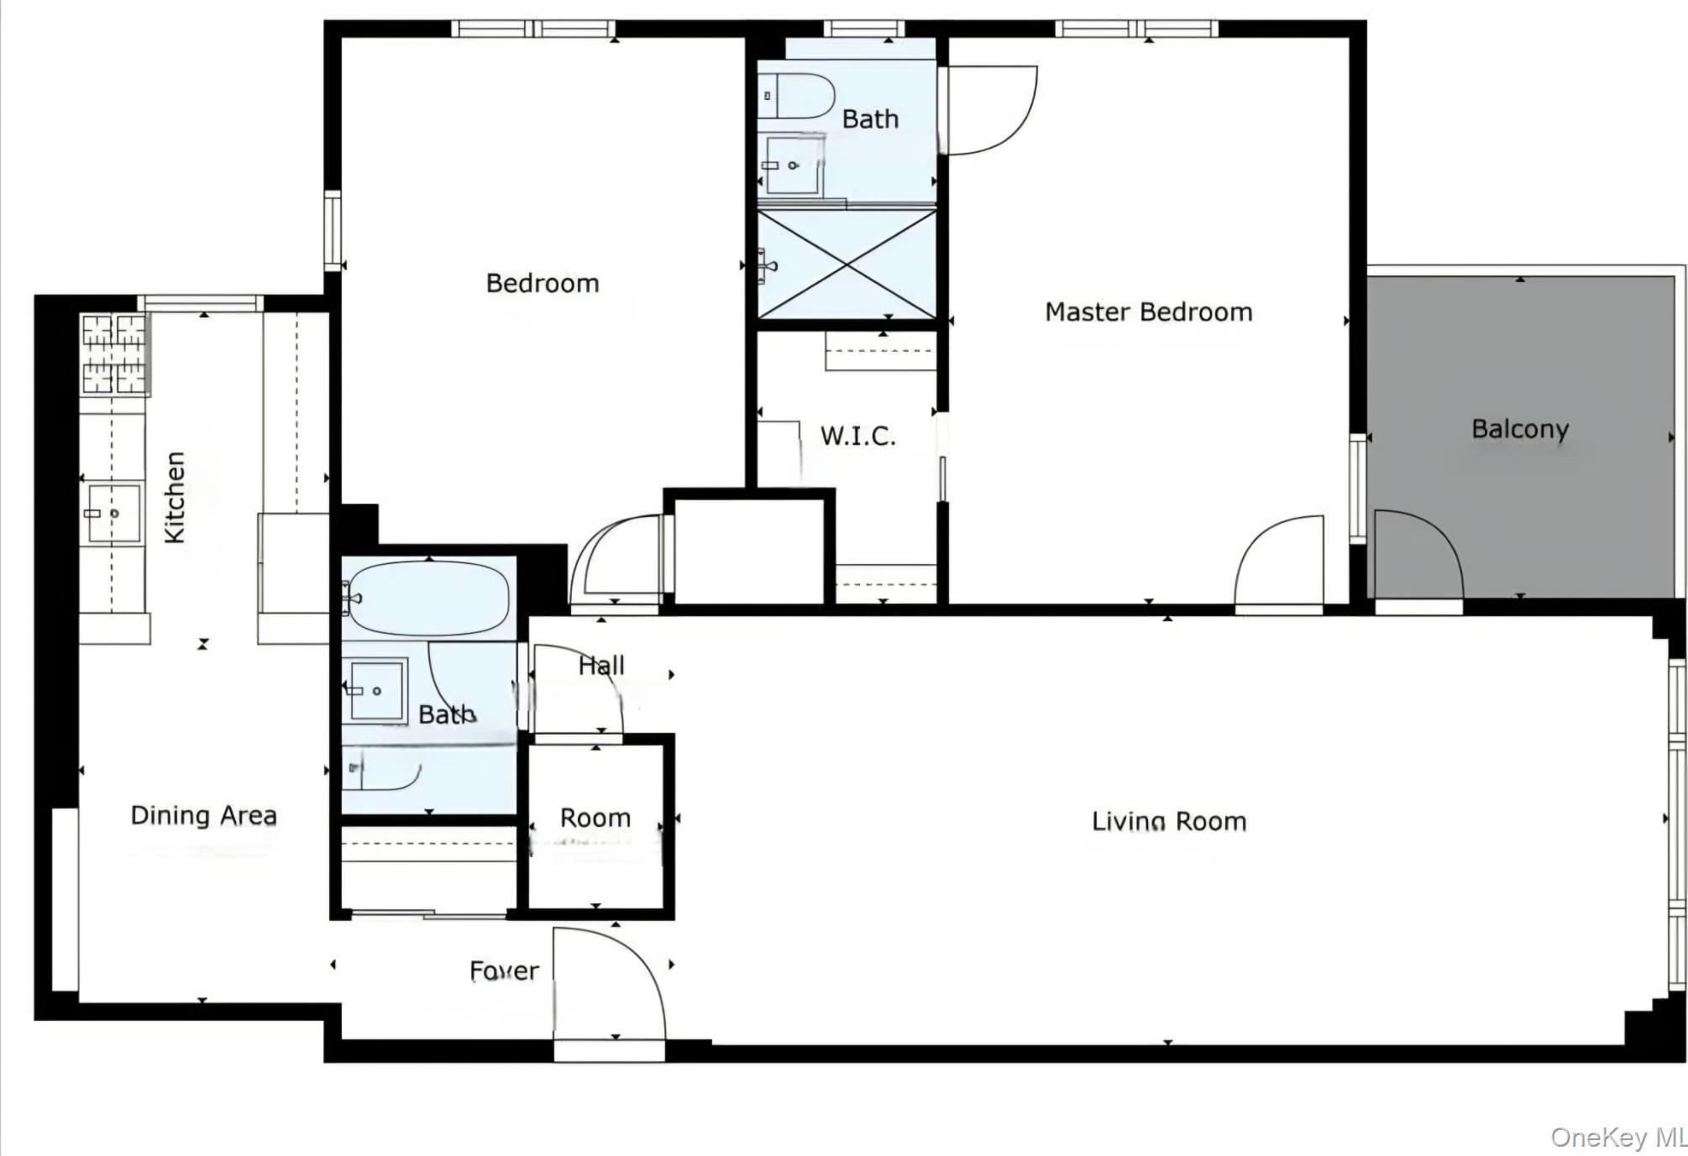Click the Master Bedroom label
coord(1148,312)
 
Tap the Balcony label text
coord(1519,429)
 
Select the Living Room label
coord(1168,821)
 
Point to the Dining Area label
coord(203,815)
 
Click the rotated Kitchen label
coord(175,497)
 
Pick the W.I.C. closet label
coord(857,436)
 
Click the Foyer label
coord(504,971)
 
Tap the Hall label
coord(601,666)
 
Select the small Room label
coord(595,818)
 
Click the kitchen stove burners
coord(114,353)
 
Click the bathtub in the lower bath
coord(428,598)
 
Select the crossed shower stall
coord(847,264)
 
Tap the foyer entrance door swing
coord(609,982)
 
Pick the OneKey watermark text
coord(1617,1138)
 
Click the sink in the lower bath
coord(375,690)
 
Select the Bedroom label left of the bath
coord(543,284)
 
